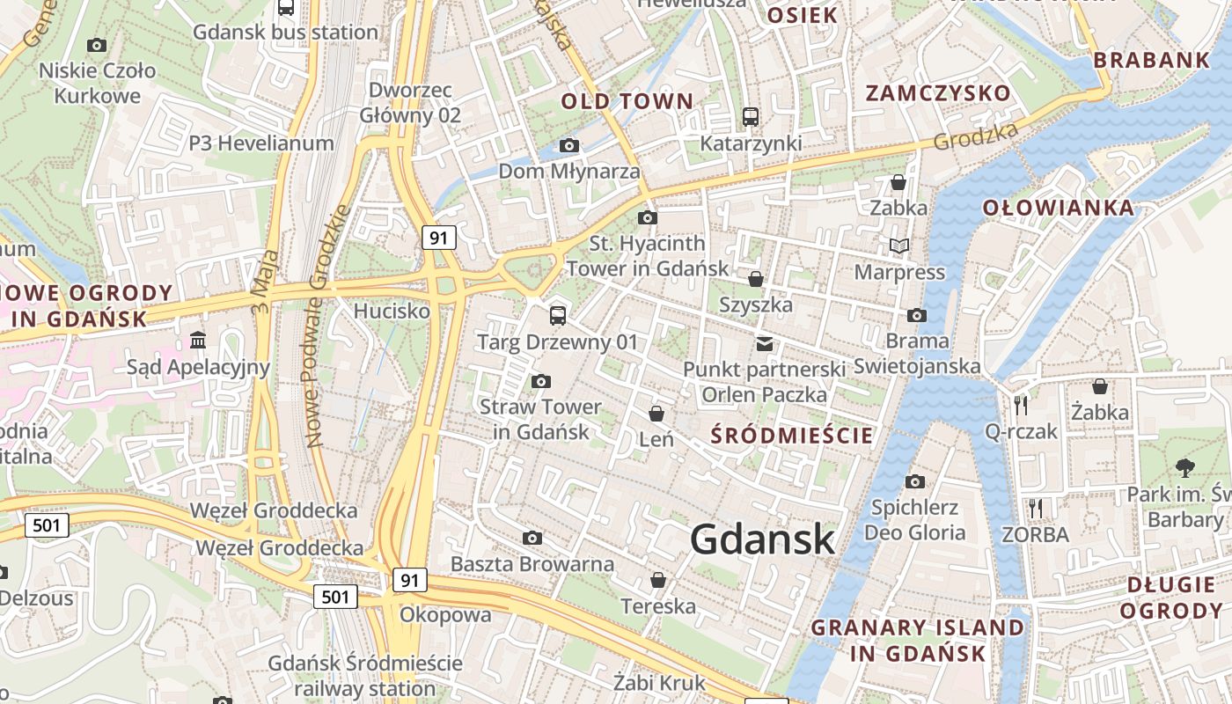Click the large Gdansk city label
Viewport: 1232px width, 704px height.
pos(762,539)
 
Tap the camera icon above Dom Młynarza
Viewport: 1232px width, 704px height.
pos(569,145)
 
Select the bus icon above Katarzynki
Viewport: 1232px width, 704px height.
pos(751,116)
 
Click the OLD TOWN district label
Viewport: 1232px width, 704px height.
pos(627,101)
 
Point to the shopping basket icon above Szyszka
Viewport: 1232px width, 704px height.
pos(755,279)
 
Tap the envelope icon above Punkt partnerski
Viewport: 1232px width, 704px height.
pos(765,344)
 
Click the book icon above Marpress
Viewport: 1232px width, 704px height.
pos(898,246)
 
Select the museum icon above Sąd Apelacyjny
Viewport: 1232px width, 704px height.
pos(198,340)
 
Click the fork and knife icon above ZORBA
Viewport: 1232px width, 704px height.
pos(1036,508)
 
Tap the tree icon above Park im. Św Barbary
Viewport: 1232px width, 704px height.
pos(1184,467)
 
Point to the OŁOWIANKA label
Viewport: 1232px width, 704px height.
pos(1058,208)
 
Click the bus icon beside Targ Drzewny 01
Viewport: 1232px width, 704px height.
pos(557,315)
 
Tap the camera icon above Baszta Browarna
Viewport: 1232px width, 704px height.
pos(532,538)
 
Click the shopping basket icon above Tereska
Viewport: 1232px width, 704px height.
pos(657,580)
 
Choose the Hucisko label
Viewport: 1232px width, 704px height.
pos(392,311)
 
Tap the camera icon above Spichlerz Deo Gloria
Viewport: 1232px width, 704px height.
pos(915,481)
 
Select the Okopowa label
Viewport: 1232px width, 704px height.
pos(445,614)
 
